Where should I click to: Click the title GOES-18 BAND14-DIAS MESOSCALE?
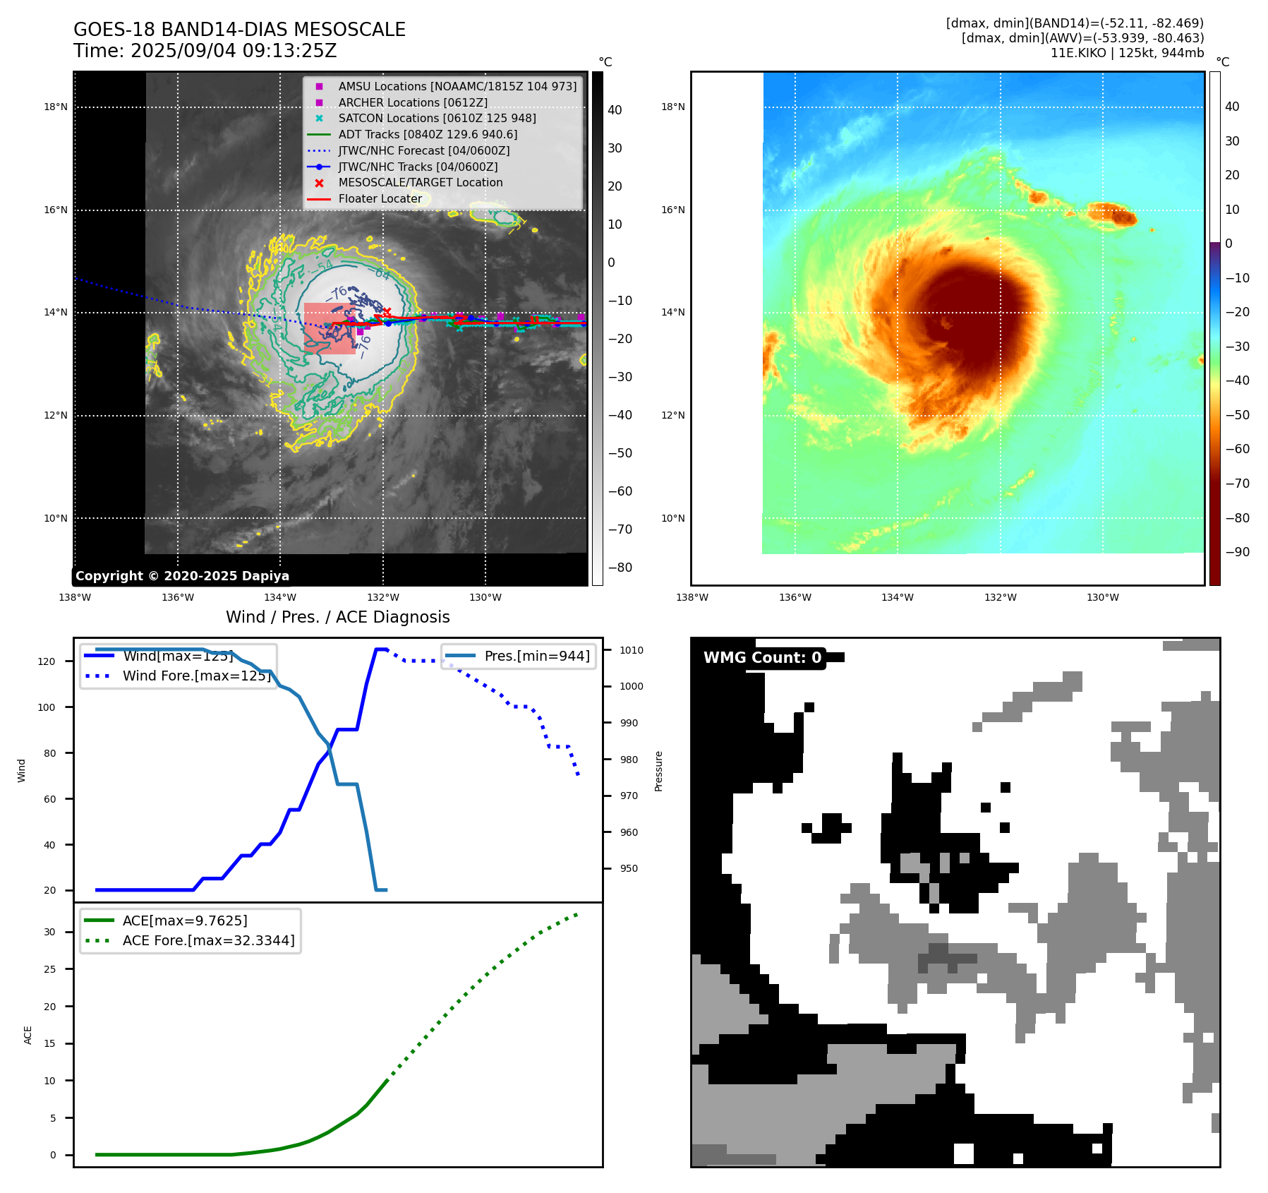tap(239, 30)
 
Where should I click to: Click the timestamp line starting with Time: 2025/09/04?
tap(205, 51)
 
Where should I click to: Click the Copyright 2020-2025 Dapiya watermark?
tap(182, 576)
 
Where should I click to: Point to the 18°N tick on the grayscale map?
tap(56, 107)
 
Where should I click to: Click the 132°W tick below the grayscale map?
tap(383, 597)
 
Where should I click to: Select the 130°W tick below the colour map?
tap(1103, 597)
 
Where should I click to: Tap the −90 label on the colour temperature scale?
tap(1237, 552)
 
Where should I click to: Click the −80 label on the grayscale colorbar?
tap(620, 568)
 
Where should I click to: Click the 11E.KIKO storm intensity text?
tap(1127, 53)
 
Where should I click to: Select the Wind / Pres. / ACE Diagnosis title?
tap(337, 617)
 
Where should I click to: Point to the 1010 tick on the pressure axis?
tap(632, 650)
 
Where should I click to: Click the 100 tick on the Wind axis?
tap(47, 707)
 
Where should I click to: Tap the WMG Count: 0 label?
tap(762, 658)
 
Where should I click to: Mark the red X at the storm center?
tap(387, 311)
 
